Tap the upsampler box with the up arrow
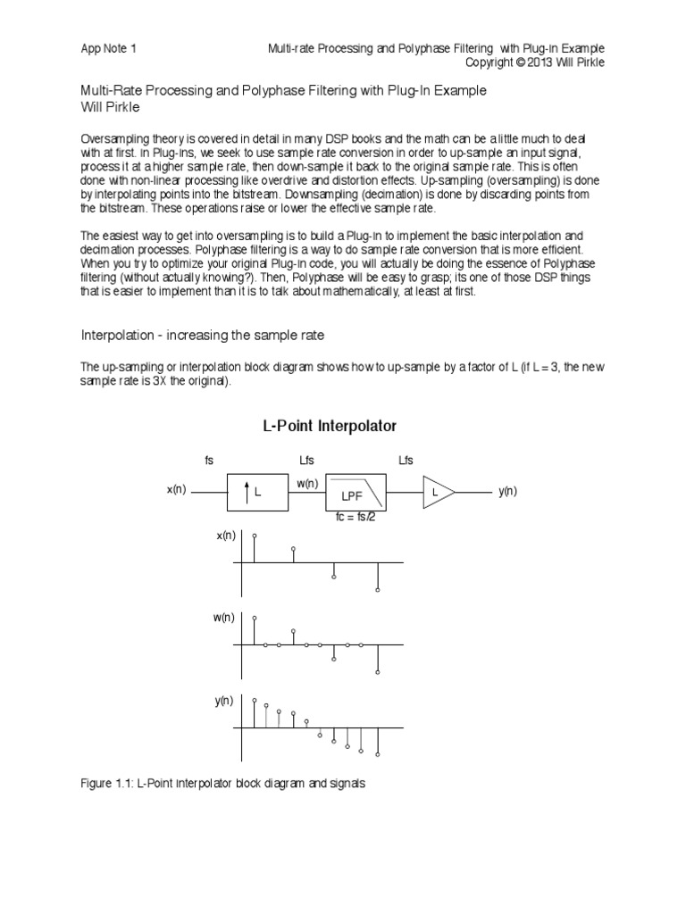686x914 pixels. click(x=257, y=492)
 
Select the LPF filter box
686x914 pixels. click(x=356, y=492)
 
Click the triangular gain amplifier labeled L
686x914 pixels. click(x=438, y=492)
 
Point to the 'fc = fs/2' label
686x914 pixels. click(x=356, y=516)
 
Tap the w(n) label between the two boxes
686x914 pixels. click(x=306, y=483)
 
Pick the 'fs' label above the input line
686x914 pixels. click(x=209, y=460)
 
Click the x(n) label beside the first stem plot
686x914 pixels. click(x=226, y=535)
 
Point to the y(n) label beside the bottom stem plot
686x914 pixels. click(x=224, y=701)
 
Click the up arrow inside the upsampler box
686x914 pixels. click(x=246, y=492)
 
